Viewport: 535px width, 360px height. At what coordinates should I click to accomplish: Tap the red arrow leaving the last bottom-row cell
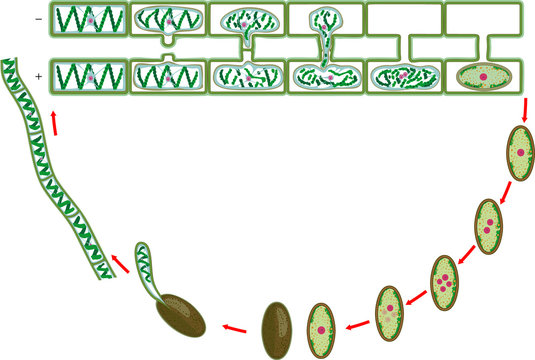(524, 110)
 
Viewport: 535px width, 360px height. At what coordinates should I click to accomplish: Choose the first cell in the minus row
(91, 19)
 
